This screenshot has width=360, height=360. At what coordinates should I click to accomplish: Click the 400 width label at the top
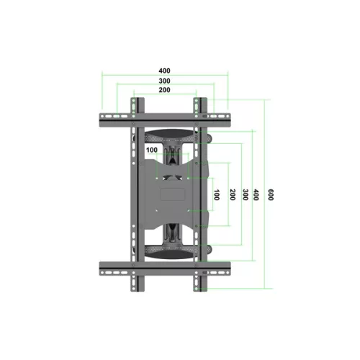[x=165, y=71]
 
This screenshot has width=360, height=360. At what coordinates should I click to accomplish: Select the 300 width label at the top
[x=165, y=81]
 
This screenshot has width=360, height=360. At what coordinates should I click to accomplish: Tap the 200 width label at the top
[x=165, y=91]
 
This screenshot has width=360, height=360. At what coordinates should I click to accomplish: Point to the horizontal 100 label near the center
[x=152, y=150]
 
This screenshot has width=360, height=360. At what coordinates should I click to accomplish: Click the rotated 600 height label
[x=270, y=194]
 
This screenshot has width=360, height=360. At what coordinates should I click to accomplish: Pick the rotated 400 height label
[x=256, y=194]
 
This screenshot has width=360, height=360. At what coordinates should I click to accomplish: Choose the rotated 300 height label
[x=245, y=194]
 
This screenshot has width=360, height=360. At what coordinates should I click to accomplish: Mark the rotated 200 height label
[x=232, y=194]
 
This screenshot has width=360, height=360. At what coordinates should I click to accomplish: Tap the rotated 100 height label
[x=217, y=194]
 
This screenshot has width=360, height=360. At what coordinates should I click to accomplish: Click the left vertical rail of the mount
[x=134, y=194]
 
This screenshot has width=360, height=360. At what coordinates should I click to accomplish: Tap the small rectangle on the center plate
[x=173, y=194]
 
